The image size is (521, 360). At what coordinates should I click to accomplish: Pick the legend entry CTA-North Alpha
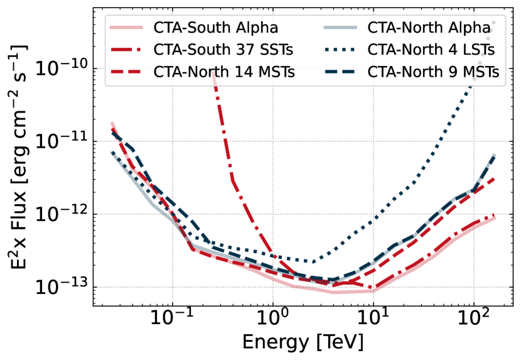[429, 28]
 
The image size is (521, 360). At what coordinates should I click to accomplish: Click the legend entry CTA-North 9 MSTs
[433, 72]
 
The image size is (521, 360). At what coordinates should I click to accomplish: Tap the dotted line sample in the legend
[340, 50]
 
